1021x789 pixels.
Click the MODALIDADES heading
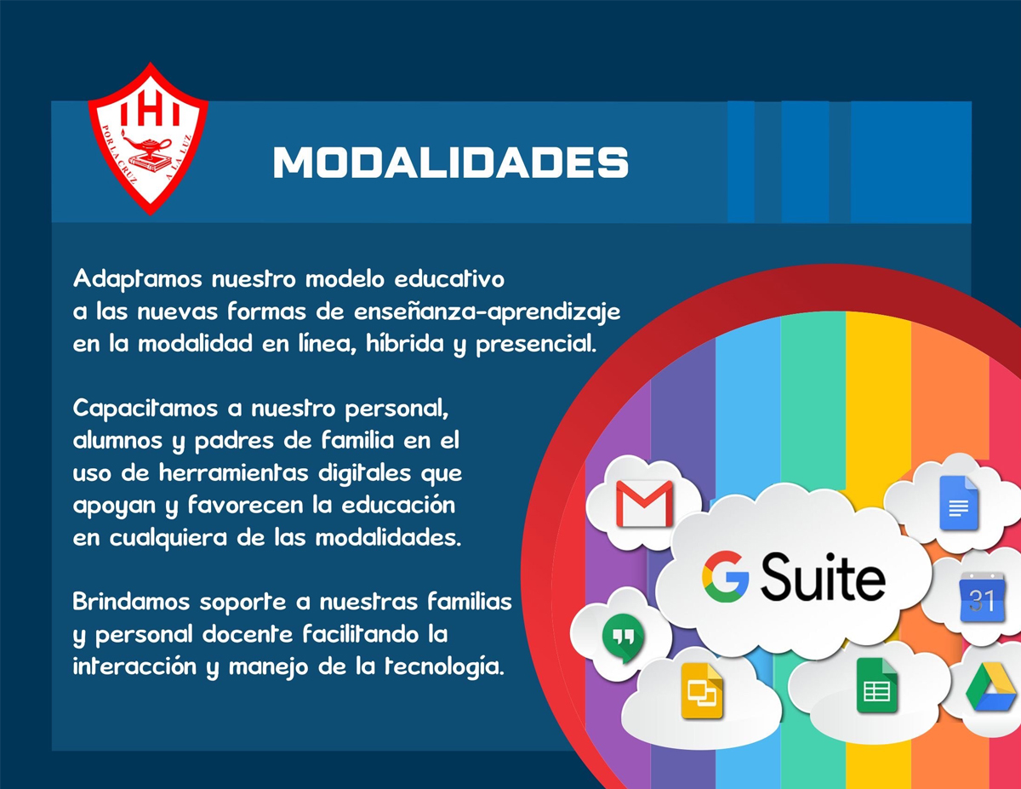451,162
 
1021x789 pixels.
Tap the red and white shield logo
149,139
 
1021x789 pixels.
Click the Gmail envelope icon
644,503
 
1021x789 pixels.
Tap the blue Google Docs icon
959,503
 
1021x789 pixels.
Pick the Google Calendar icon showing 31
982,597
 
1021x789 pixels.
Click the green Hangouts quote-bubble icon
624,638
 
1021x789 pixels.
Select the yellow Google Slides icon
702,691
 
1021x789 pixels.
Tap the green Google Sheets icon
876,686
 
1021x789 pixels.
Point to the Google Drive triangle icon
990,687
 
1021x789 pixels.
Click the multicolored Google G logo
725,576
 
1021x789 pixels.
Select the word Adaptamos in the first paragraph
138,280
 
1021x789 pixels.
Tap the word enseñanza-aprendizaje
488,312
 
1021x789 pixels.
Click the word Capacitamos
145,409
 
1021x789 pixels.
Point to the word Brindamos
131,602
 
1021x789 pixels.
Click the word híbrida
404,344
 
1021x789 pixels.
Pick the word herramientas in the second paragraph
233,472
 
